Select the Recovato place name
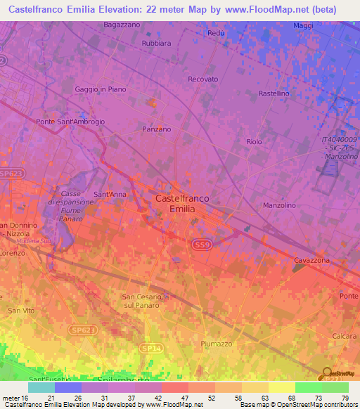203,79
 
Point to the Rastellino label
274,93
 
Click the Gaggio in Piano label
100,89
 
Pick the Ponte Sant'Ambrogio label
70,122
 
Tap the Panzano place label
157,129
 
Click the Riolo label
254,141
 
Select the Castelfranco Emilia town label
182,204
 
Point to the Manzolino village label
279,205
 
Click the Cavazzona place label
313,260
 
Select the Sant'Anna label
110,194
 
